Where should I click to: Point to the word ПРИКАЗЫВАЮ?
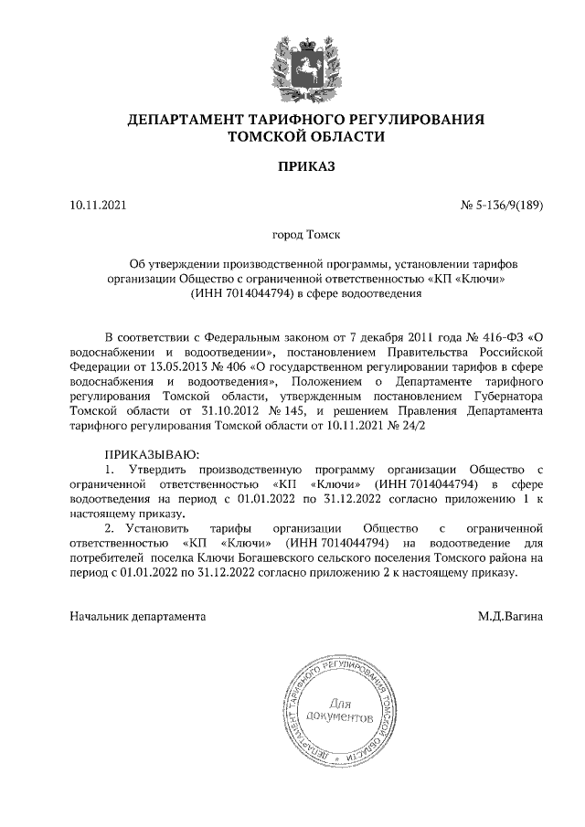[x=152, y=453]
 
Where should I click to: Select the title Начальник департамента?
[x=138, y=616]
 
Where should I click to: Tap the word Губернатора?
[x=502, y=396]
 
